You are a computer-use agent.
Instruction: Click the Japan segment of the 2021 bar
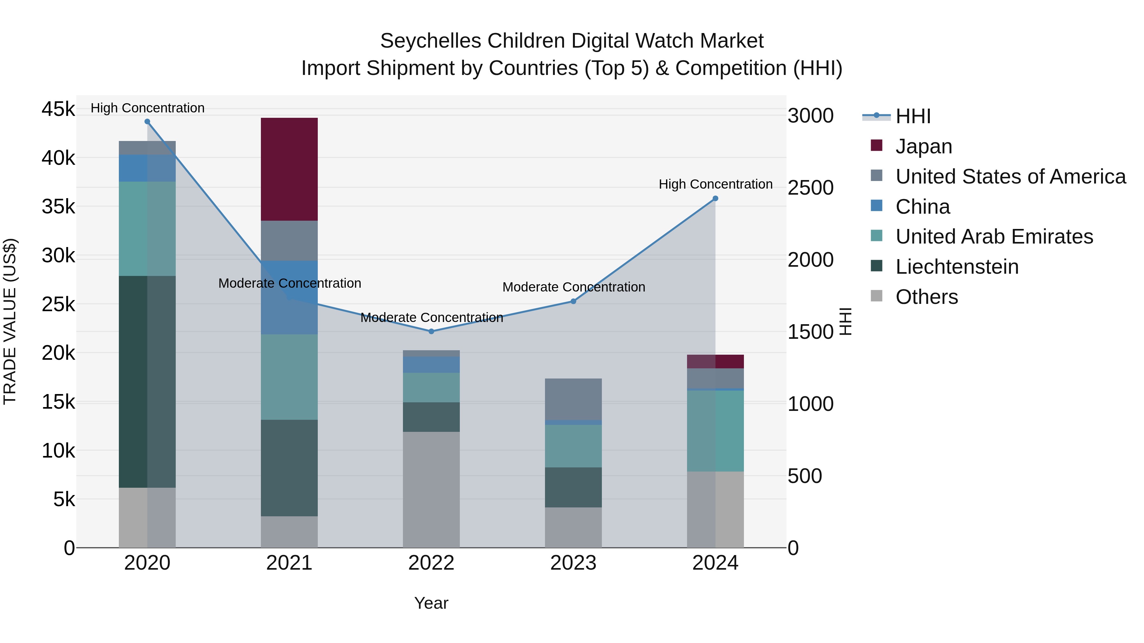pyautogui.click(x=289, y=169)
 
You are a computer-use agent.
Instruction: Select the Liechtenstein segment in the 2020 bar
pyautogui.click(x=147, y=382)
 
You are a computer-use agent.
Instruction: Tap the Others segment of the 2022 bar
pyautogui.click(x=431, y=489)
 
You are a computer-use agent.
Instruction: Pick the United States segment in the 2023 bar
pyautogui.click(x=573, y=399)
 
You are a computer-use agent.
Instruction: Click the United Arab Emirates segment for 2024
pyautogui.click(x=715, y=431)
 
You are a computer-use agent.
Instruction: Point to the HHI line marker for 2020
pyautogui.click(x=147, y=122)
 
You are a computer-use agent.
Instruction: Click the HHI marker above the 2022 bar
pyautogui.click(x=431, y=332)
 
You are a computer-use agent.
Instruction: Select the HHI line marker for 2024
pyautogui.click(x=715, y=199)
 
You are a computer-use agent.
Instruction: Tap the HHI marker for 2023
pyautogui.click(x=573, y=301)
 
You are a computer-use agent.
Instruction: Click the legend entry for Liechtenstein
pyautogui.click(x=957, y=267)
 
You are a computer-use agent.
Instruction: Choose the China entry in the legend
pyautogui.click(x=923, y=207)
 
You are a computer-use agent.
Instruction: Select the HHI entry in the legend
pyautogui.click(x=913, y=116)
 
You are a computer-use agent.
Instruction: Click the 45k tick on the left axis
pyautogui.click(x=58, y=109)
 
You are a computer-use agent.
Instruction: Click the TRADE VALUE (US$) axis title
pyautogui.click(x=10, y=321)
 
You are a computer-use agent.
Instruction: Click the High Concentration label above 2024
pyautogui.click(x=715, y=184)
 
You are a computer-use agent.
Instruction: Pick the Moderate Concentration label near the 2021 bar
pyautogui.click(x=289, y=283)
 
